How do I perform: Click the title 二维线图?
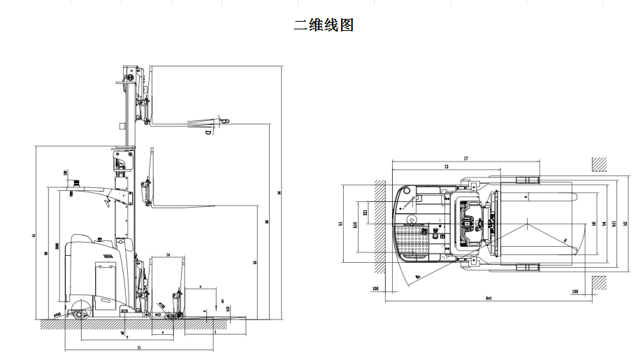pyautogui.click(x=324, y=25)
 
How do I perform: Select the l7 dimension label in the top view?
pyautogui.click(x=465, y=159)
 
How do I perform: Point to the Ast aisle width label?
pyautogui.click(x=489, y=298)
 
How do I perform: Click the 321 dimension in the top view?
pyautogui.click(x=366, y=210)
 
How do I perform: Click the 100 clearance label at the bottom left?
pyautogui.click(x=375, y=288)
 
